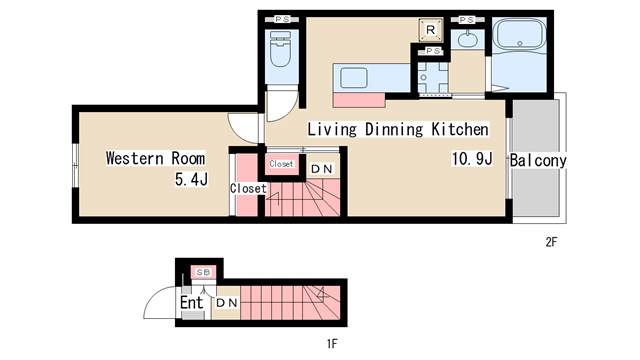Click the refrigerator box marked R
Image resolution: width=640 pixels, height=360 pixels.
(x=429, y=30)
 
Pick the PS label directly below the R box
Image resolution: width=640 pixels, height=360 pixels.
(x=433, y=51)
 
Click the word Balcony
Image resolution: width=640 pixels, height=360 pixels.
(x=538, y=160)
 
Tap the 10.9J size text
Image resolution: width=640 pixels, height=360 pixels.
(x=471, y=159)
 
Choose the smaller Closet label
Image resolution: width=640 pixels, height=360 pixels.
(x=281, y=163)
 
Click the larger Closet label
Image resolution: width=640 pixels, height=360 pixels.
(x=248, y=188)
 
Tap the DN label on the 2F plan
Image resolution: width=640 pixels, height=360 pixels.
(x=321, y=169)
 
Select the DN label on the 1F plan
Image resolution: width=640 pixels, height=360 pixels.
(x=227, y=302)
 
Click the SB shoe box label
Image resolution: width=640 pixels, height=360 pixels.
(x=202, y=272)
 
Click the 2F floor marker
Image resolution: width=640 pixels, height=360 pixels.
(x=552, y=241)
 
